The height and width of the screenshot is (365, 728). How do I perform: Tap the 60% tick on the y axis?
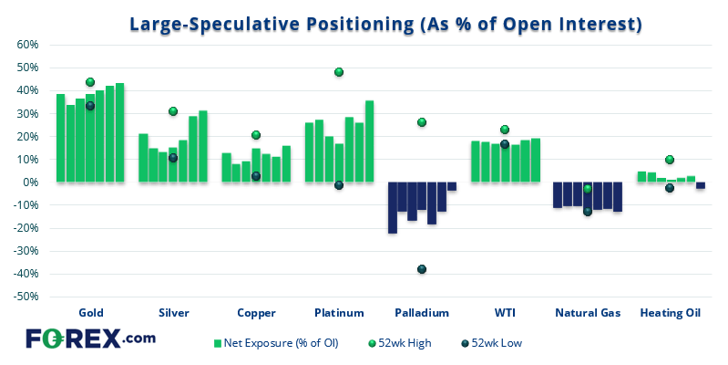25,45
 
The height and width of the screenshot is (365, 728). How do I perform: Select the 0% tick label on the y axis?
29,182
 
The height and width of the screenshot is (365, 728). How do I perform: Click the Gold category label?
90,313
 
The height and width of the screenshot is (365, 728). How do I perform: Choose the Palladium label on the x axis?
422,313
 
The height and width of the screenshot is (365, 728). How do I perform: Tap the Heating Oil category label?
670,313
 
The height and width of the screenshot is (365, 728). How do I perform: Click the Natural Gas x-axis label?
588,313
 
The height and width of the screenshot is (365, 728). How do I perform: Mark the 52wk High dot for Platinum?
339,72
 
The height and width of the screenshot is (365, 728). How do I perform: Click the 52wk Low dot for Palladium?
422,269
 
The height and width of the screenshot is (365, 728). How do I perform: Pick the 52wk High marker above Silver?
173,111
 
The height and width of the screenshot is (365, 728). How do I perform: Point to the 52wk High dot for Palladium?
422,122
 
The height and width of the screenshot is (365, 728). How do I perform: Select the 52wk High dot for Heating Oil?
670,160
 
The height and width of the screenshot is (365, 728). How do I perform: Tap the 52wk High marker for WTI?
505,130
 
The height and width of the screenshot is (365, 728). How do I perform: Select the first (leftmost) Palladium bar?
393,207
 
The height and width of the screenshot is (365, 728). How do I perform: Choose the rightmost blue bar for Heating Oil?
701,185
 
